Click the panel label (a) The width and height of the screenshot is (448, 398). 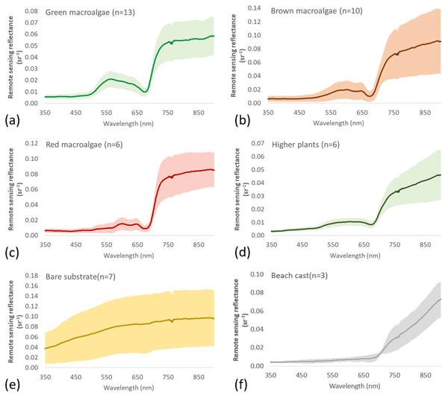(12, 118)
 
